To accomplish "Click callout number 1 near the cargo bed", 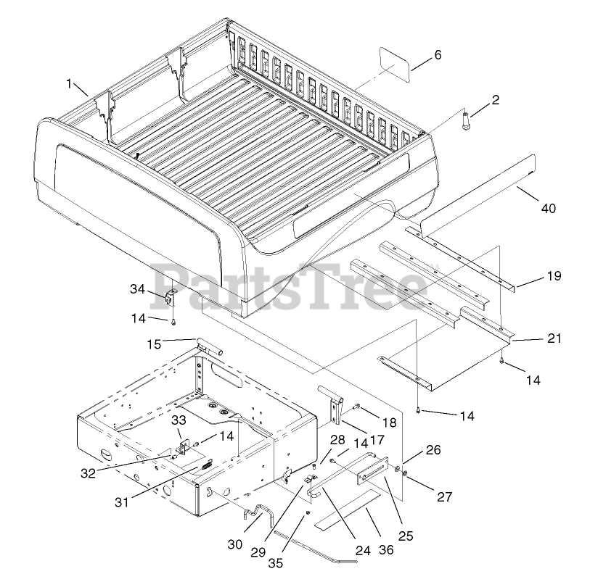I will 70,84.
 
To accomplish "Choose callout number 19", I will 553,276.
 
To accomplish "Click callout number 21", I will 554,338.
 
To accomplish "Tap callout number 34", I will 138,289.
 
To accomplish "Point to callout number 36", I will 385,549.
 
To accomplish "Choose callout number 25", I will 406,536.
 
